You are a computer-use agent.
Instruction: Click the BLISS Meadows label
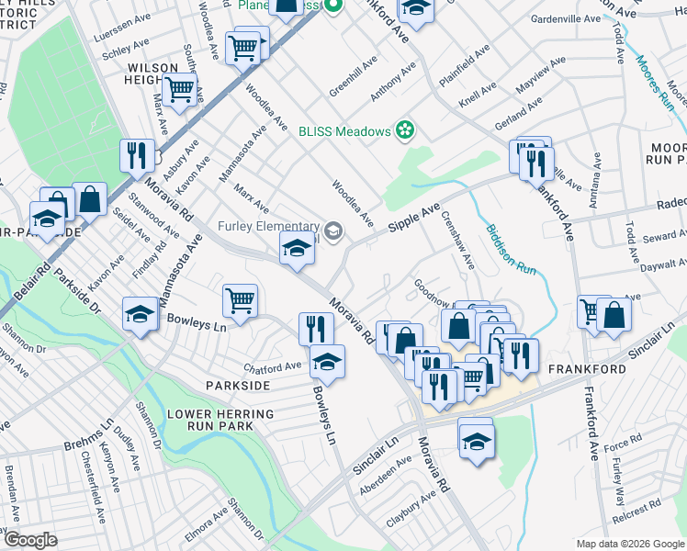click(x=344, y=131)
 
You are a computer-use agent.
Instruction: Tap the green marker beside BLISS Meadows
click(x=403, y=131)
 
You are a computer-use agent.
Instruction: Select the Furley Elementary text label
click(x=267, y=227)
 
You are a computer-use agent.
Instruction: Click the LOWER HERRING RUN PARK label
click(x=220, y=421)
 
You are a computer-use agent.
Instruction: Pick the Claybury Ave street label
click(x=411, y=509)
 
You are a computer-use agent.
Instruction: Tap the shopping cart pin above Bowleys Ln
click(x=240, y=300)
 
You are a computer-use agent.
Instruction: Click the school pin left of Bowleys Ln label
click(x=140, y=314)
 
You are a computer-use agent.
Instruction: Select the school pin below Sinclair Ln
click(x=475, y=438)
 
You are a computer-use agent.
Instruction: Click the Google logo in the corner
click(x=30, y=540)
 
